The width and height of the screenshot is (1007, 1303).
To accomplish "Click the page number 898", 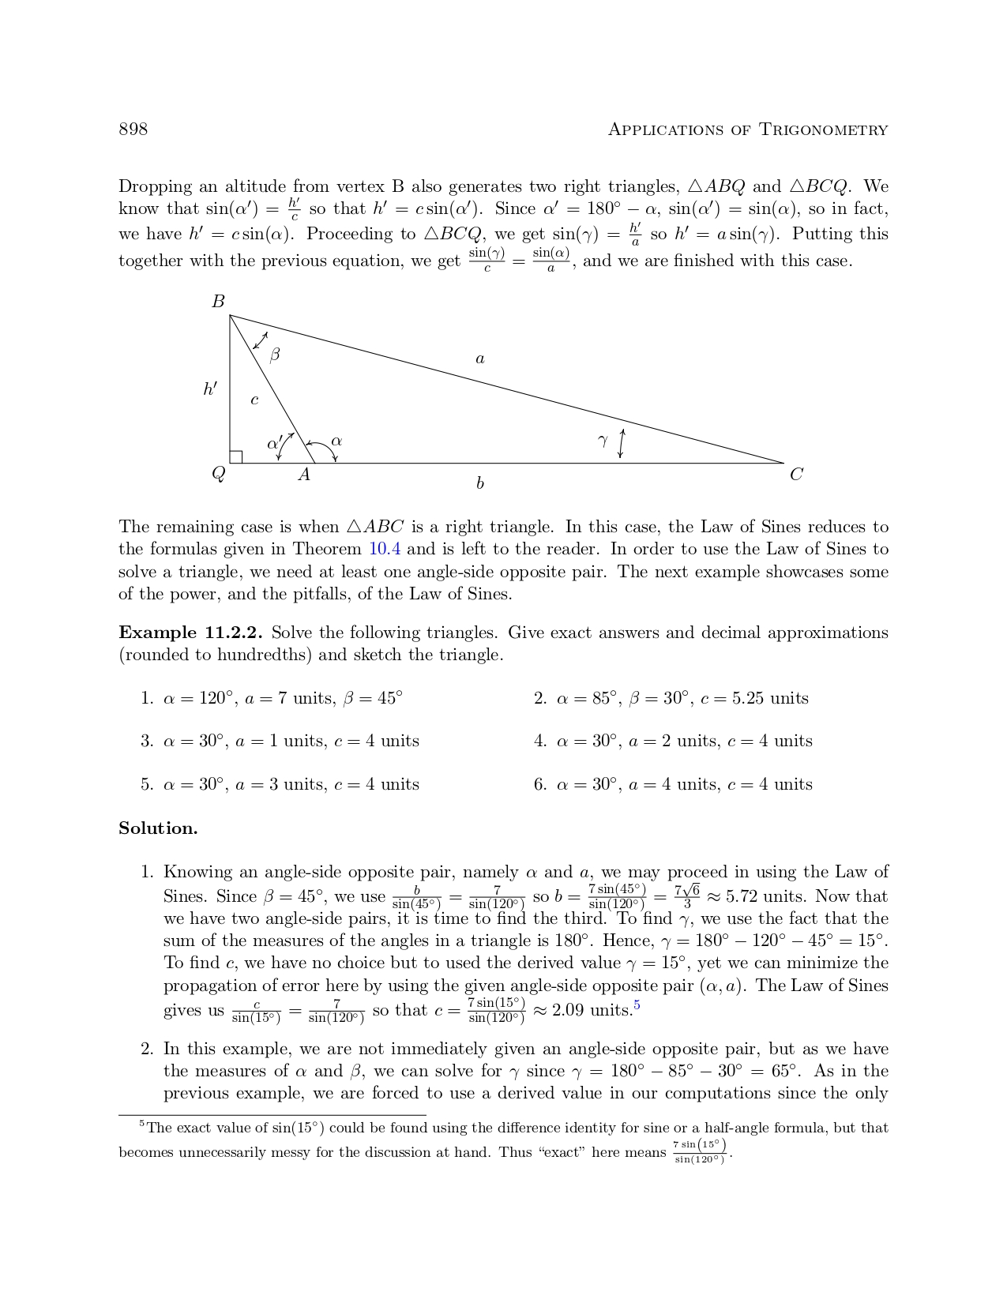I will (x=133, y=130).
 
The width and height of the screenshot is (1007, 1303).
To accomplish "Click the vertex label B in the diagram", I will (x=218, y=302).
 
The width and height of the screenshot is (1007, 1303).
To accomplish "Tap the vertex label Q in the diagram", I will (x=218, y=474).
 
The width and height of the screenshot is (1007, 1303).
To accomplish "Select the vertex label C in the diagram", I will (x=796, y=475).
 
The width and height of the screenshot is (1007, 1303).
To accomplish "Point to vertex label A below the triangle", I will (x=303, y=475).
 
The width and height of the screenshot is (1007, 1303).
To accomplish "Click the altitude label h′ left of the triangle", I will (x=210, y=389).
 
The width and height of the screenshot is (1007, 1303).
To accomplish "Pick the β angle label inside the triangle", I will (x=274, y=355).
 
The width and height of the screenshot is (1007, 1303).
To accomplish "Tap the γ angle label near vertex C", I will (x=603, y=441).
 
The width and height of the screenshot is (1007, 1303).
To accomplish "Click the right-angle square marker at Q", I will (x=235, y=457).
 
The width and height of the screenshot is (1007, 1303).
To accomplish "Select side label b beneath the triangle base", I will (x=479, y=483).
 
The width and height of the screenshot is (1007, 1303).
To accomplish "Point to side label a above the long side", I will (x=479, y=359).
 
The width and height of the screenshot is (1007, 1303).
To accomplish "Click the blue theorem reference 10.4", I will (x=385, y=549).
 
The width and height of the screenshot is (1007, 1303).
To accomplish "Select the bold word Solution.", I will (x=158, y=828).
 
